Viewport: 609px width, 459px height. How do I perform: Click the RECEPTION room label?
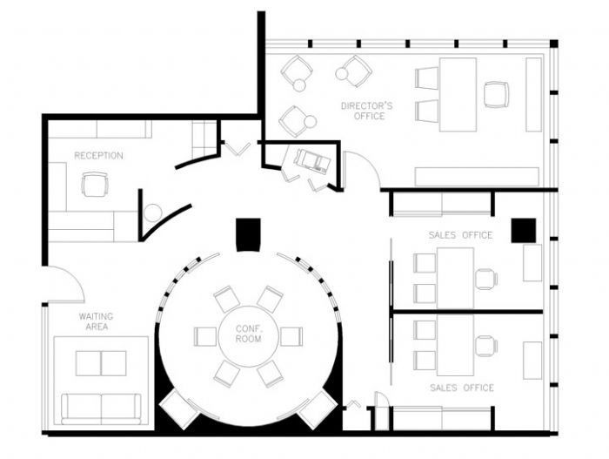[98, 156]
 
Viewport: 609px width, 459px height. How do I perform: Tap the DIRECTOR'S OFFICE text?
[366, 111]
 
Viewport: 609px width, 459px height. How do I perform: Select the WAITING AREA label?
[96, 321]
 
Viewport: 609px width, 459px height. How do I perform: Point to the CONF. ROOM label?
[248, 333]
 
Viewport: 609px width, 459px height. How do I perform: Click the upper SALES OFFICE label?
[460, 235]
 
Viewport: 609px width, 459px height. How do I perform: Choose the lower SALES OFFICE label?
[460, 388]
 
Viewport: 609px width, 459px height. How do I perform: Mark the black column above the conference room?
[248, 234]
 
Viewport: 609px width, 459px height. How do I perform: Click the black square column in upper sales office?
[523, 230]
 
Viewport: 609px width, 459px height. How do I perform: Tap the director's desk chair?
[497, 94]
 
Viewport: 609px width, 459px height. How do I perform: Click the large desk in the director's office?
[458, 94]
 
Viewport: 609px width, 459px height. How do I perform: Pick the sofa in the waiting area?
[101, 408]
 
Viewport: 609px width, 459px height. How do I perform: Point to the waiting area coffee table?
[101, 362]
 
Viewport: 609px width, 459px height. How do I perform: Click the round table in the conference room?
[248, 335]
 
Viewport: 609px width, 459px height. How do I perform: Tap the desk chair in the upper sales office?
[485, 279]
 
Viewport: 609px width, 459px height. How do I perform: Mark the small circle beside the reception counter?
[152, 212]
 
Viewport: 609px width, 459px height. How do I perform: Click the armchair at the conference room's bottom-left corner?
[180, 407]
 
